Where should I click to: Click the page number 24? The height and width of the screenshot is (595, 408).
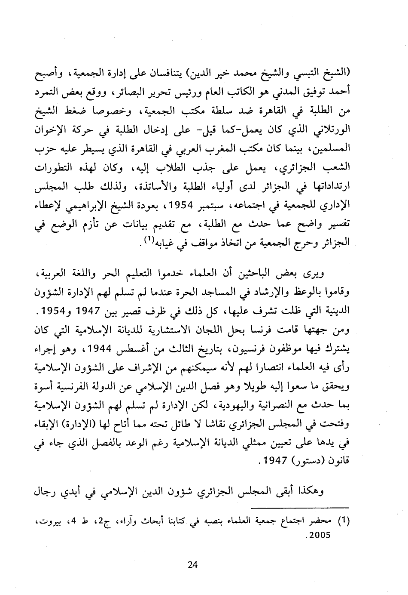[x=192, y=565]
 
